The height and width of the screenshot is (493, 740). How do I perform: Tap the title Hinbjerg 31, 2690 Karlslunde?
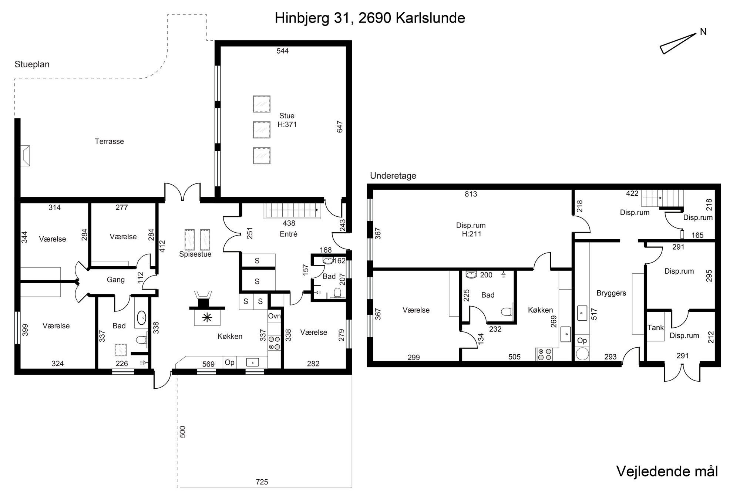tap(370, 18)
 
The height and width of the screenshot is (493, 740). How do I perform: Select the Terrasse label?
tap(109, 141)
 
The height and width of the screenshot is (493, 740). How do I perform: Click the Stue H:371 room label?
tap(287, 120)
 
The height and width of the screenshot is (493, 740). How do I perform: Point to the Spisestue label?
tap(195, 254)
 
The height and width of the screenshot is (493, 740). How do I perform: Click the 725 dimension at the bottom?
tap(262, 482)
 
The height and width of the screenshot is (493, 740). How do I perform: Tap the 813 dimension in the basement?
tap(471, 194)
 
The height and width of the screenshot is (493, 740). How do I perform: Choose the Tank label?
tap(656, 328)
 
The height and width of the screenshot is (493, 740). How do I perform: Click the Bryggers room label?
tap(611, 293)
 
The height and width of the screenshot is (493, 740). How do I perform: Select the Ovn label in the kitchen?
tap(274, 316)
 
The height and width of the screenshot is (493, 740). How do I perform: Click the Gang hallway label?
tap(116, 280)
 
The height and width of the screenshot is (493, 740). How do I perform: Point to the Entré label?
tap(289, 234)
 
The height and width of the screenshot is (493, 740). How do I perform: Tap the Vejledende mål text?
tap(667, 472)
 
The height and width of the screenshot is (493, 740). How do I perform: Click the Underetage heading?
tap(393, 176)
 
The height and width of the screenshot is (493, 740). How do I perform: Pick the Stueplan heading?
tap(32, 64)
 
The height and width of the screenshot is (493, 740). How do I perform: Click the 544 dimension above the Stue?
tap(283, 51)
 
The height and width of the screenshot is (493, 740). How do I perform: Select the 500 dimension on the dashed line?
tap(182, 432)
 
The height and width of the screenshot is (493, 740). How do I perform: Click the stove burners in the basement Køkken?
tap(544, 354)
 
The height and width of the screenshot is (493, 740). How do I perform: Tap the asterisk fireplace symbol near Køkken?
tap(207, 317)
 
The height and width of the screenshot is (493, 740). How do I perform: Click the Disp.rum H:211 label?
tap(471, 230)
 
